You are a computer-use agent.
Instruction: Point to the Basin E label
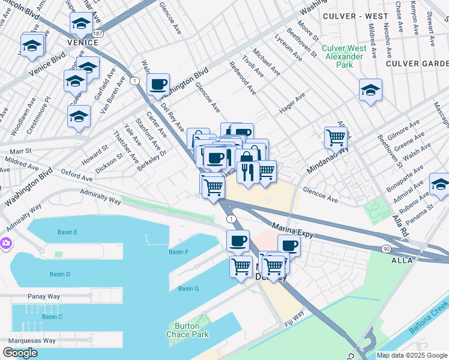click(68, 232)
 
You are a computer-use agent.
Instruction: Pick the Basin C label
click(52, 316)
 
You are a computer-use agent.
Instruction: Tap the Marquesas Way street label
click(29, 340)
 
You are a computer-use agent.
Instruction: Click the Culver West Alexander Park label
click(343, 56)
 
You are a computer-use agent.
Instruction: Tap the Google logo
click(20, 353)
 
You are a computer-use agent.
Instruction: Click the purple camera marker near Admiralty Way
click(5, 243)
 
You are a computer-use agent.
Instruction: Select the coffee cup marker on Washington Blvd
click(158, 85)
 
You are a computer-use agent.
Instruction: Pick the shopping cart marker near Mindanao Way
click(336, 137)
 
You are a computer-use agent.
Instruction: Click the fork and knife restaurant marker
click(247, 172)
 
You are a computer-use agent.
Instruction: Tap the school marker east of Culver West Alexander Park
click(370, 90)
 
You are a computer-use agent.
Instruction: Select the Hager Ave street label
click(292, 103)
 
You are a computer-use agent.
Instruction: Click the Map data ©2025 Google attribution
click(411, 355)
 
